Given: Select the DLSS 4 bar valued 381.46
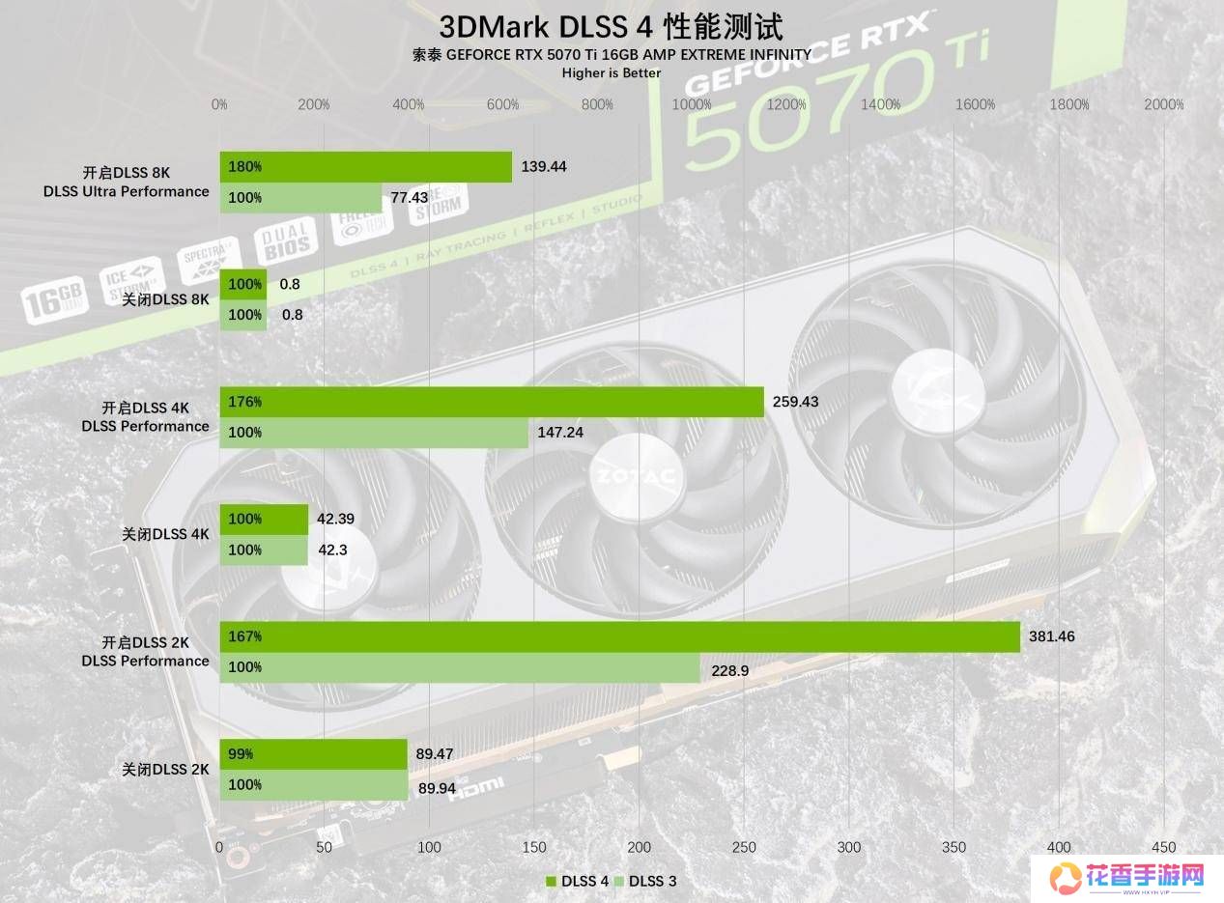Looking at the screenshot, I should pos(619,637).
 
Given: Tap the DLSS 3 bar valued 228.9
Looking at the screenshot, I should pos(460,667).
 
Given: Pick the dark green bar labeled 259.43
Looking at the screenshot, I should pos(492,402).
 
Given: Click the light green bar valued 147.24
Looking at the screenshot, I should pos(374,433).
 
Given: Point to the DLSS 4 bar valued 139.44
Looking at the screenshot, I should pos(365,167).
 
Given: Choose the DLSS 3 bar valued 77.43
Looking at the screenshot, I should pos(300,198).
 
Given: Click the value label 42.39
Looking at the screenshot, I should pos(335,519).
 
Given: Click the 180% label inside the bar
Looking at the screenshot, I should pos(245,167).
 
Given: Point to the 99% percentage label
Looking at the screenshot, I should pos(242,754).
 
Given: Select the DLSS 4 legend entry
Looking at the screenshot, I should pos(577,881).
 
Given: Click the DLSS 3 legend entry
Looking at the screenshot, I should pos(652,881).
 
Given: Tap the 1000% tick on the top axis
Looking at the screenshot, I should pos(692,104).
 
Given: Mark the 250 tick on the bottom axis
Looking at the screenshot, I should pos(744,847).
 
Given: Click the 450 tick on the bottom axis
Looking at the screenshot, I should pos(1163,847).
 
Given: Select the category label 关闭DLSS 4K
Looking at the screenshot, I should pos(165,534).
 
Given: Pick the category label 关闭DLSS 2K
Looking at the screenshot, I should pos(165,770).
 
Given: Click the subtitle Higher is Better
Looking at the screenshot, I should pos(611,72).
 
